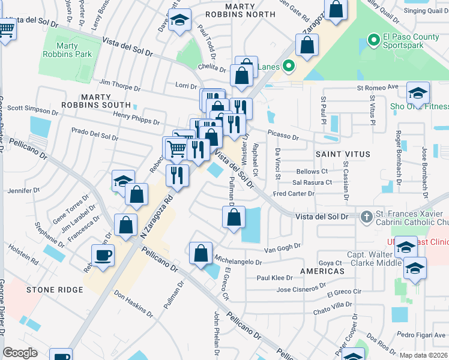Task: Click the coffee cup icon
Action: (x=103, y=256)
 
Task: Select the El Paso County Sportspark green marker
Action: (x=373, y=41)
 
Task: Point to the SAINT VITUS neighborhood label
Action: (x=336, y=154)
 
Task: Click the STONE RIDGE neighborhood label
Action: (x=55, y=290)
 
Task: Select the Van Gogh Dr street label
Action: (x=282, y=248)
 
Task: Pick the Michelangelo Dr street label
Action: (x=238, y=262)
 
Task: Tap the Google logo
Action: (x=20, y=353)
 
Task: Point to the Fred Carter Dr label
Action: (x=294, y=194)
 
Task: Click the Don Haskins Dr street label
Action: (x=133, y=304)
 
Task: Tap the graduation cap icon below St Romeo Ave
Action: (x=418, y=93)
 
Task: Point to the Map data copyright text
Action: (x=423, y=355)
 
